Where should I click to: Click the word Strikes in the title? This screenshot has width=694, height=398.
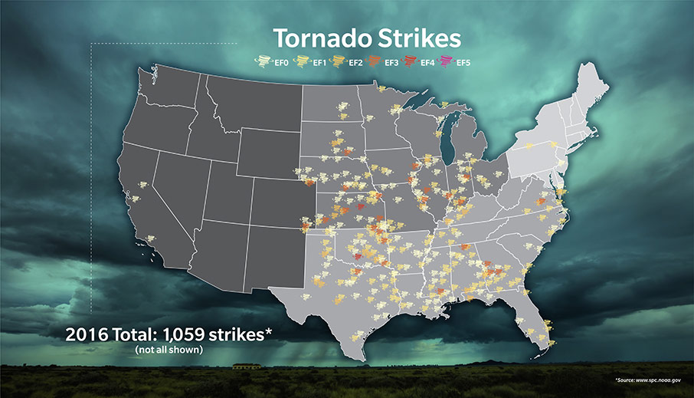[x=417, y=38]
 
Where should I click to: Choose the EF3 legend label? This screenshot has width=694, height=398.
[x=392, y=62]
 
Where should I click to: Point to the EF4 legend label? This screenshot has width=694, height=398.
[x=428, y=62]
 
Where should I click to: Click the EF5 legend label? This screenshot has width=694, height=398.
[x=463, y=62]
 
